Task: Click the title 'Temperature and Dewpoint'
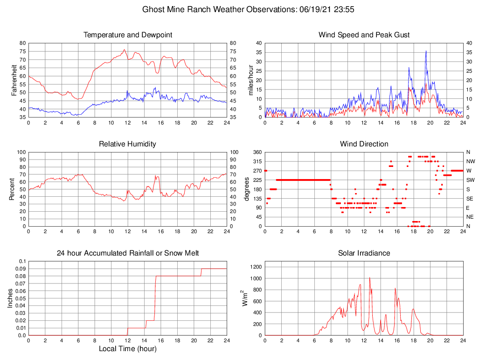coord(128,35)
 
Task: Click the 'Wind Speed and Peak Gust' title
coord(364,35)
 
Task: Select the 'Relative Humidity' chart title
coord(128,144)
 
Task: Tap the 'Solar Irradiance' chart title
coord(364,253)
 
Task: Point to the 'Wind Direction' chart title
coord(364,144)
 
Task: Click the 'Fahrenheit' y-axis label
coord(14,80)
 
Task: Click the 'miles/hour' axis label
coord(250,80)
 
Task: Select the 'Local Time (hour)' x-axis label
coord(128,349)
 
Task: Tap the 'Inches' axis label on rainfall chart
coord(10,298)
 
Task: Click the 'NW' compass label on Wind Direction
coord(469,161)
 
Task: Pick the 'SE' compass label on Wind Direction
coord(468,198)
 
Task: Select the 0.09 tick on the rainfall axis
coord(21,269)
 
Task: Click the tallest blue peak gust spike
coord(426,51)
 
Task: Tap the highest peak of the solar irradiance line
coord(370,277)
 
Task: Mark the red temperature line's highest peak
coord(124,49)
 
